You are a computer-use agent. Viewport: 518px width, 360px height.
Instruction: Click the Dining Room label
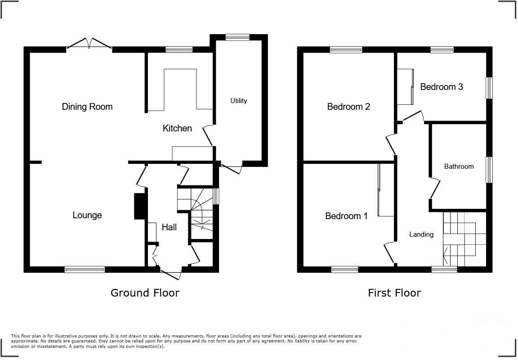[87, 107]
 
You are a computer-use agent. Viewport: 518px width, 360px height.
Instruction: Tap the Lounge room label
[87, 215]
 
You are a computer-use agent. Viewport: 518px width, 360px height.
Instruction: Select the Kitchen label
[177, 128]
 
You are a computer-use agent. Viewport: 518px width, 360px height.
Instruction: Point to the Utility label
[238, 101]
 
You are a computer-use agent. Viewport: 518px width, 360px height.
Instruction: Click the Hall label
[169, 227]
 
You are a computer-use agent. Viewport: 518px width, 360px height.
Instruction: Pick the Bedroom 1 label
[346, 216]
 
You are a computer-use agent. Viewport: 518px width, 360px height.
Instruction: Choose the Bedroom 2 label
[348, 107]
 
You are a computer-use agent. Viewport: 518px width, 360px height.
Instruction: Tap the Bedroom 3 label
[441, 87]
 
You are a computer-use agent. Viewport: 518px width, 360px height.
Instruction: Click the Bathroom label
[459, 166]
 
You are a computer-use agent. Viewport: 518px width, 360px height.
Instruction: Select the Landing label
[421, 234]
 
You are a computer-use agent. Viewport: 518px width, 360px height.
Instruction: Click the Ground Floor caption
[145, 293]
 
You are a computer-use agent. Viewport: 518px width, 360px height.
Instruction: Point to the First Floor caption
[394, 293]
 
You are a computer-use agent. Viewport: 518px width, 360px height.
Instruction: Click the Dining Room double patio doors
[89, 45]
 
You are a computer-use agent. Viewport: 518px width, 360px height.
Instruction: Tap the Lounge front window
[85, 269]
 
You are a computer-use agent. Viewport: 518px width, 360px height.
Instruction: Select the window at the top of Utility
[237, 38]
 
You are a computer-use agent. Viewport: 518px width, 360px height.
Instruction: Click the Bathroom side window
[489, 170]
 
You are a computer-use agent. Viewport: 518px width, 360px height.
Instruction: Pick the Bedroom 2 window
[346, 50]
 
